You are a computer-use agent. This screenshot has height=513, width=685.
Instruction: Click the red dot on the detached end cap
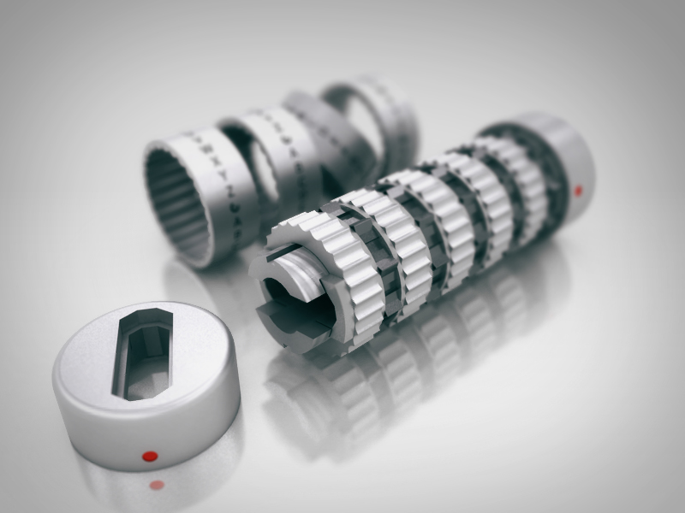150,455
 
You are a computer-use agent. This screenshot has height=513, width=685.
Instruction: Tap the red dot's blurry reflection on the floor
157,485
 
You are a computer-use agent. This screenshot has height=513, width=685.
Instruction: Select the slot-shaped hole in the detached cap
142,355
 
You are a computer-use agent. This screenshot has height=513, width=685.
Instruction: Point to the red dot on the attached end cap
578,189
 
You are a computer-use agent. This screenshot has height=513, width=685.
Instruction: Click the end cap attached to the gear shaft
565,162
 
